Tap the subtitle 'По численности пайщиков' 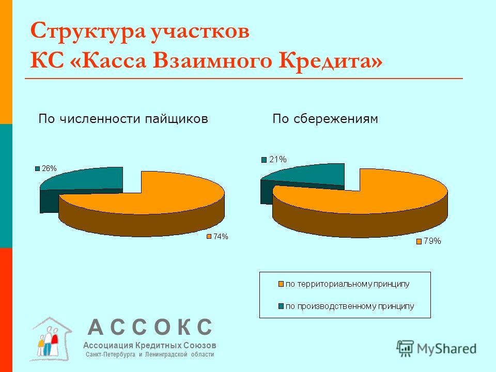[x=123, y=119]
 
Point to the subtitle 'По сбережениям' [x=325, y=119]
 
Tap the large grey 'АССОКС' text [x=150, y=327]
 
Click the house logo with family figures [x=51, y=339]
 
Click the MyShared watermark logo [x=437, y=349]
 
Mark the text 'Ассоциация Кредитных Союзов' [x=150, y=345]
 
